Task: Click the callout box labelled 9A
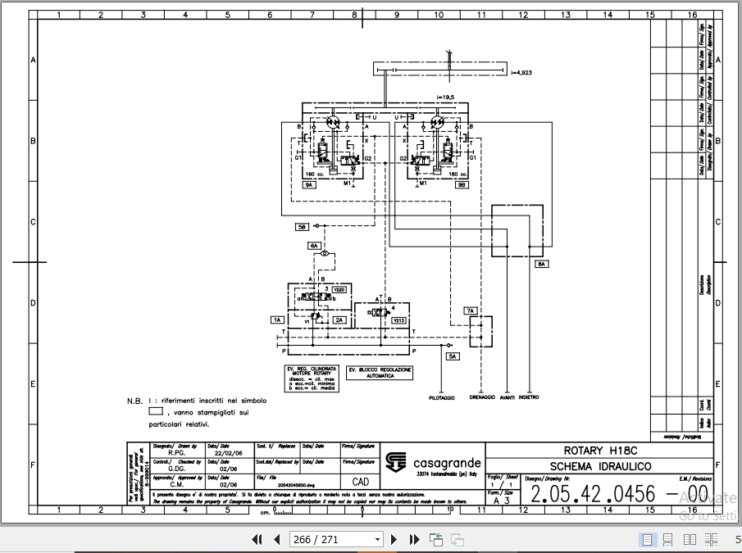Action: tap(310, 186)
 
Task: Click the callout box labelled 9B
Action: tap(462, 186)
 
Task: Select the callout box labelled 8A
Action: tap(543, 265)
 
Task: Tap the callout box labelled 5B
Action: tap(303, 226)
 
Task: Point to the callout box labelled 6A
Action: tap(314, 245)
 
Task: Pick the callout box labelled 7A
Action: tap(471, 311)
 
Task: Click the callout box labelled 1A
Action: tap(277, 320)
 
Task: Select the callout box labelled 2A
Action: tap(339, 320)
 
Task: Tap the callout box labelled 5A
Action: tap(453, 356)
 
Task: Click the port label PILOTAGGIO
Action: tap(441, 398)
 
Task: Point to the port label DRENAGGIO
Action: tap(482, 398)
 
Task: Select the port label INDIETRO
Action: tap(529, 398)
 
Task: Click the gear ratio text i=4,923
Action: tap(522, 73)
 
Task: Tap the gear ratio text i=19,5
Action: tap(444, 97)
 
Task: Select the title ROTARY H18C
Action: tap(600, 451)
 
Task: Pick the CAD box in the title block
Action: tap(361, 483)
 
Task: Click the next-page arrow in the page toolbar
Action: tap(394, 539)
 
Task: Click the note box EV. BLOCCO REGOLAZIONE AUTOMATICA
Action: tap(380, 372)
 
